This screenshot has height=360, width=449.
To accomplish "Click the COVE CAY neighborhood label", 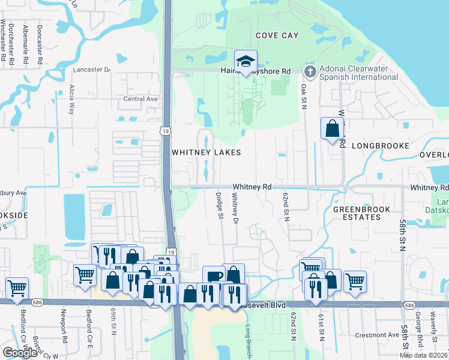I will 277,36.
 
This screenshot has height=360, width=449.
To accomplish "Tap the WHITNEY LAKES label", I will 206,152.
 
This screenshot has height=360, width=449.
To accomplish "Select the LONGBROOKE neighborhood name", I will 380,146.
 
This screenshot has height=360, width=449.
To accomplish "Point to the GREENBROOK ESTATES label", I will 362,214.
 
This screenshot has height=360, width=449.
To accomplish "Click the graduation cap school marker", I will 245,62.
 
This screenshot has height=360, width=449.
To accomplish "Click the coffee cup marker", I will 214,277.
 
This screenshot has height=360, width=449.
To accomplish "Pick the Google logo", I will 20,353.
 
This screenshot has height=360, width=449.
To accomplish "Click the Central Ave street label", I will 140,99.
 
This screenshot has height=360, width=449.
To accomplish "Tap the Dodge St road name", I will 220,205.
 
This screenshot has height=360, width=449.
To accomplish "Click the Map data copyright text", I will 423,355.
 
